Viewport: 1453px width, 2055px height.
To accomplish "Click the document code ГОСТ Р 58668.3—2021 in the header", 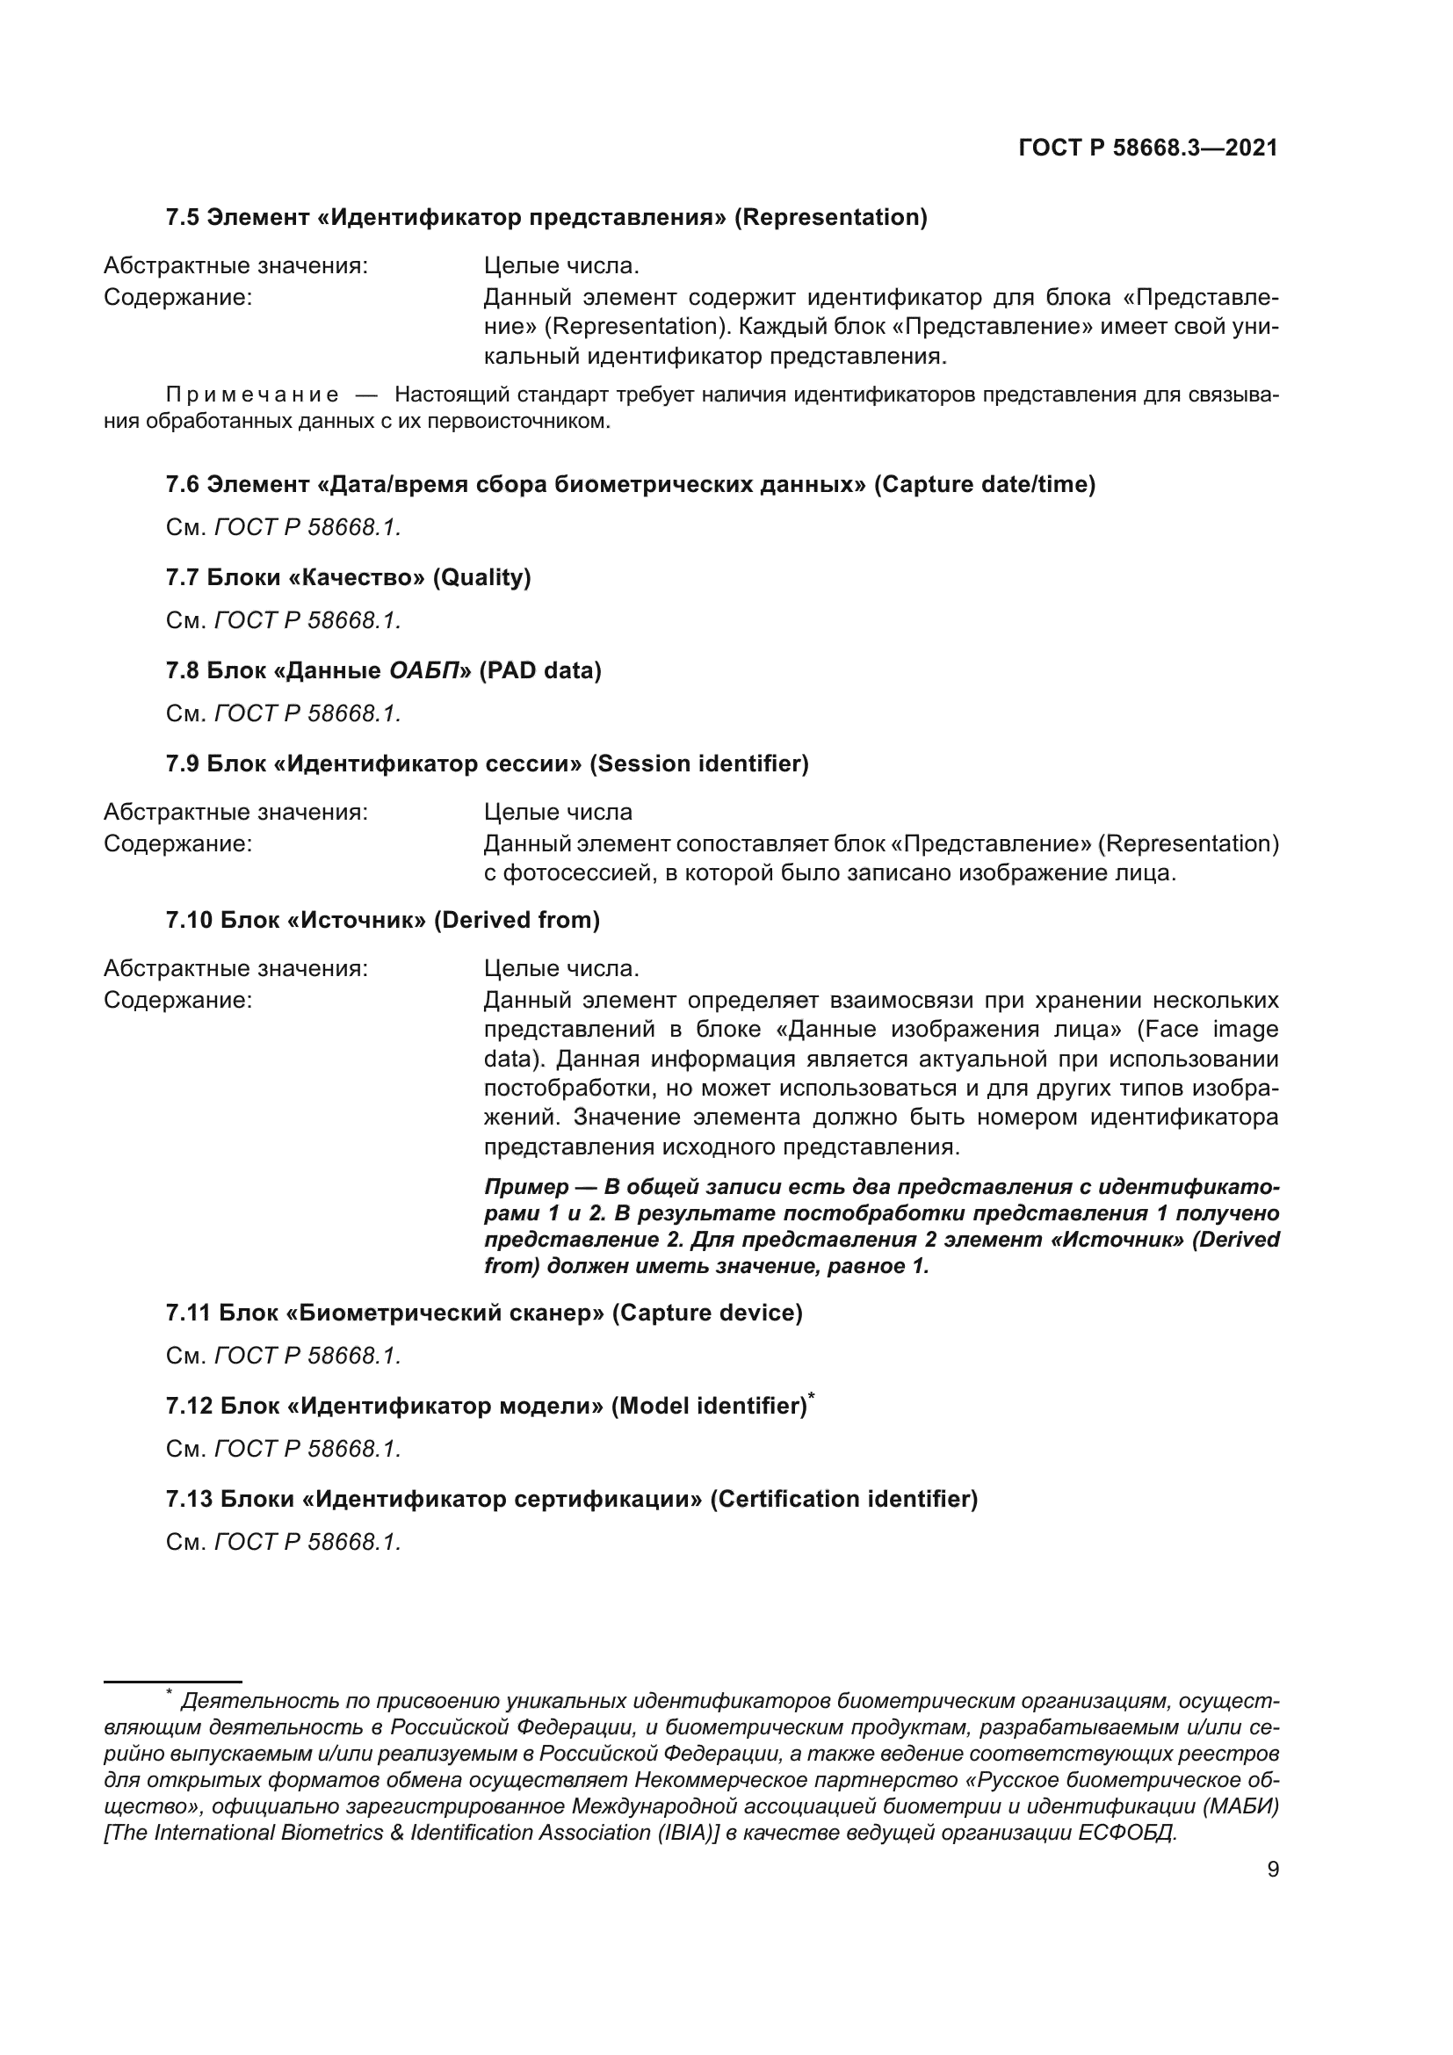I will point(1147,148).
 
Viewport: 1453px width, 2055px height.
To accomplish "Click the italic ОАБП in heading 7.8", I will point(424,670).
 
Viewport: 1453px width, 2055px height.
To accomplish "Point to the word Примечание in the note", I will point(253,394).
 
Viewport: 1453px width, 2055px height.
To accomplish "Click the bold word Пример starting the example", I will point(526,1187).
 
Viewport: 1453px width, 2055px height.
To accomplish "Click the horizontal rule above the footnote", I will point(173,1682).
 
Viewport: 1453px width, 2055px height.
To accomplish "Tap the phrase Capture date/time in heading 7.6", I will point(984,484).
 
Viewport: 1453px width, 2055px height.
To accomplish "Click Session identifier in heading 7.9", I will point(698,763).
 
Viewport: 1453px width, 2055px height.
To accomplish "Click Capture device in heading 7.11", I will point(707,1313).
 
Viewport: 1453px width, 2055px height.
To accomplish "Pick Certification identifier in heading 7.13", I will point(843,1499).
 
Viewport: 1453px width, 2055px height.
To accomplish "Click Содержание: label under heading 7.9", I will point(178,843).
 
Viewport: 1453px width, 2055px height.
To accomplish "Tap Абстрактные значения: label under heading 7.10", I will point(235,968).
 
